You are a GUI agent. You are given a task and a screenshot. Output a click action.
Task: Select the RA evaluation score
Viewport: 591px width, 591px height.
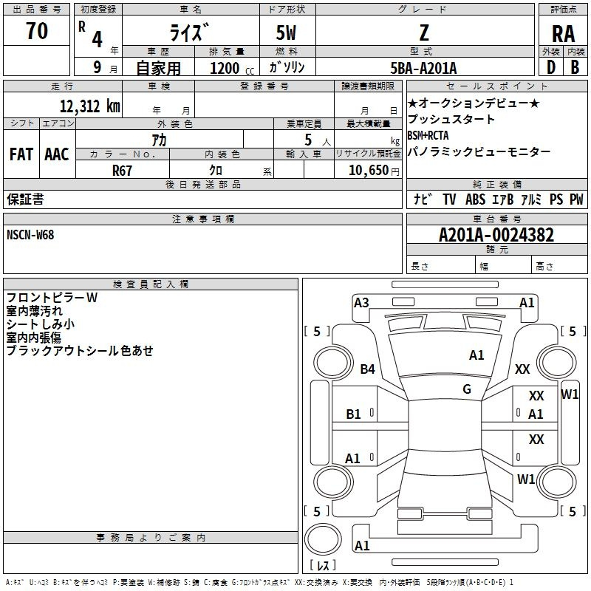(x=563, y=33)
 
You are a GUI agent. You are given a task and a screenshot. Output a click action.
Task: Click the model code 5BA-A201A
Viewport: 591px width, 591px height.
(x=423, y=68)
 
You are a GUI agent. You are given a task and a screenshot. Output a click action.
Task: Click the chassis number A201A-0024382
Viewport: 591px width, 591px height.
(x=496, y=235)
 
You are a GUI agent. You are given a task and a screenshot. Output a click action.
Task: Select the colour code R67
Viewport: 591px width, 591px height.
(x=122, y=169)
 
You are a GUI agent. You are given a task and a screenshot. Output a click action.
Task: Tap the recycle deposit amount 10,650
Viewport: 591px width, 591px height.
(x=367, y=170)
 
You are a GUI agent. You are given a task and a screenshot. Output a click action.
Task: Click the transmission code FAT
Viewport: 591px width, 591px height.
(x=21, y=154)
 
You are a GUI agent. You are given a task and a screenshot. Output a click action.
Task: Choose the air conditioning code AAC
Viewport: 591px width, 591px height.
(x=57, y=154)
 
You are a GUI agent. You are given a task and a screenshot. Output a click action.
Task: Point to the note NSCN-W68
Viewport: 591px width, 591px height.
(x=30, y=234)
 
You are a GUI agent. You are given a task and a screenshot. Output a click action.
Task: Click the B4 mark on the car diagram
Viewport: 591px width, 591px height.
(x=368, y=369)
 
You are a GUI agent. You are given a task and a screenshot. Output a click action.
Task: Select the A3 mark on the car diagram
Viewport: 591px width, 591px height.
(x=361, y=302)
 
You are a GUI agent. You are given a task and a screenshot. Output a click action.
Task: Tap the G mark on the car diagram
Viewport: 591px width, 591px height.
(x=467, y=389)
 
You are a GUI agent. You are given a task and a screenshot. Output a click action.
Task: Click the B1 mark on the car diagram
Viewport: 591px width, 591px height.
(x=354, y=414)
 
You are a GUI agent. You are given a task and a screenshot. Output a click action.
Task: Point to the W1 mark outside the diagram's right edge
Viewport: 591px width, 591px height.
(x=570, y=394)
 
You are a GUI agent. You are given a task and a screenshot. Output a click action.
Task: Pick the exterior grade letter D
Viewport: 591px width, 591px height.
(x=550, y=68)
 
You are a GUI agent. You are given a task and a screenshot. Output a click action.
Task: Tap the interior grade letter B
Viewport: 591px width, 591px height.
(x=575, y=68)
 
